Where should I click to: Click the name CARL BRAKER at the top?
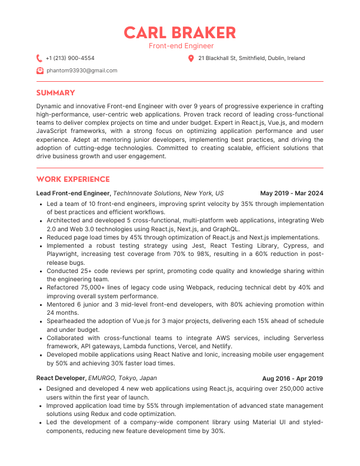[x=180, y=32]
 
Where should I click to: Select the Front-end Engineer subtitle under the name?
[x=180, y=46]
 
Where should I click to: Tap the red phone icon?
[x=39, y=58]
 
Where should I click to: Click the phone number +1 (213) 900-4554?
[x=70, y=58]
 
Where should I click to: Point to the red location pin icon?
[x=191, y=58]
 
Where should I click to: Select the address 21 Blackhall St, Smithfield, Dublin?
[x=252, y=58]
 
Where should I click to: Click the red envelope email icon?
[x=39, y=71]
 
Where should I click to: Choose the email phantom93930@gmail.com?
[x=82, y=71]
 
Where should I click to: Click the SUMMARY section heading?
[x=56, y=93]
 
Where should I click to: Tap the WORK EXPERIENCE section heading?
[x=73, y=179]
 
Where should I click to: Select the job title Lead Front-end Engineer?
[x=73, y=193]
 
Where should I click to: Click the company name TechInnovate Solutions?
[x=147, y=193]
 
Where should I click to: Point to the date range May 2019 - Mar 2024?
[x=292, y=193]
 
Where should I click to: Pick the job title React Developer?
[x=61, y=378]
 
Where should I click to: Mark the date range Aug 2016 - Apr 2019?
[x=293, y=378]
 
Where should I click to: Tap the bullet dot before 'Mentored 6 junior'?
[x=39, y=305]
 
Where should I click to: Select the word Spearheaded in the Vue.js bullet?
[x=66, y=322]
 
